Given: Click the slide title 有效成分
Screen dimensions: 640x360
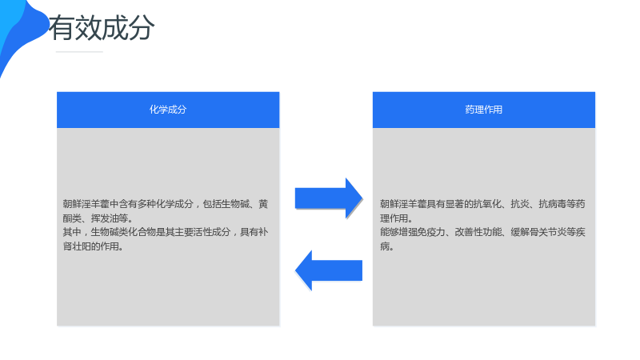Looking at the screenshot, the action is pyautogui.click(x=102, y=28).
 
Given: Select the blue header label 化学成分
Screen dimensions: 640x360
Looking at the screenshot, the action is pyautogui.click(x=168, y=110).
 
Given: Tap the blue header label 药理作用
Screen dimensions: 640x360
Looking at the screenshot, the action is pyautogui.click(x=484, y=110).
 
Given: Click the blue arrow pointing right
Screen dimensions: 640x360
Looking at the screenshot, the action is pyautogui.click(x=329, y=198).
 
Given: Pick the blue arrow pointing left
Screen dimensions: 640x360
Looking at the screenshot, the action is pyautogui.click(x=329, y=270).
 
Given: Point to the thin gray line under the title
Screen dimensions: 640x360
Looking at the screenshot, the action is pyautogui.click(x=79, y=52).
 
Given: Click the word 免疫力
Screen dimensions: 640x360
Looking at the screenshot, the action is pyautogui.click(x=431, y=232).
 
